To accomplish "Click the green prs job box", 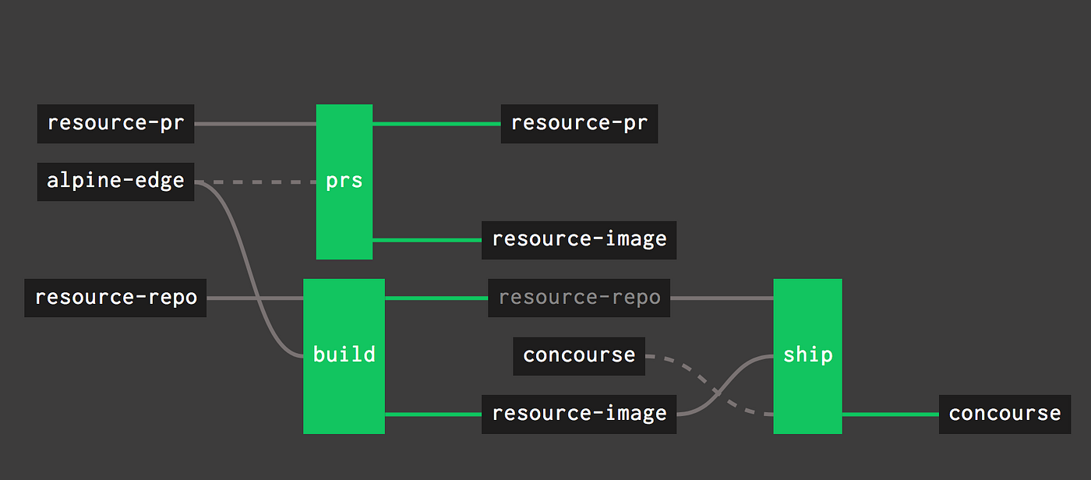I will (x=344, y=182).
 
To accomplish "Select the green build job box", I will (x=344, y=355).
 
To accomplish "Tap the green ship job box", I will (x=807, y=355).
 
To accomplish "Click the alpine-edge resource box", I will (x=115, y=182).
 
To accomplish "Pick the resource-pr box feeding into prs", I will (x=115, y=123).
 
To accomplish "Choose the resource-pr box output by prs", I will (x=579, y=123).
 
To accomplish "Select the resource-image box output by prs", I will (x=579, y=239).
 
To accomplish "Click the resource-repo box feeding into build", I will (x=115, y=298).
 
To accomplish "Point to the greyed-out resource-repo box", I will (x=579, y=298).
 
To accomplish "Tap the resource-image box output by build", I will (x=579, y=414).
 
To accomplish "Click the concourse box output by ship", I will (x=1004, y=414).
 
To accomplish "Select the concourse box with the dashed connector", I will (x=579, y=355).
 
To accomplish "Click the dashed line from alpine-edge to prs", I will (x=257, y=182).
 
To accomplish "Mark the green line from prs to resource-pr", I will (x=436, y=123).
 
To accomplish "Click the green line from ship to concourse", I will (x=890, y=415).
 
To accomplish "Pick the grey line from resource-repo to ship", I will (x=722, y=298).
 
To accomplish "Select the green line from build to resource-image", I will (x=433, y=415).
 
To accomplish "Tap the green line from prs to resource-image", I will (x=427, y=240).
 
